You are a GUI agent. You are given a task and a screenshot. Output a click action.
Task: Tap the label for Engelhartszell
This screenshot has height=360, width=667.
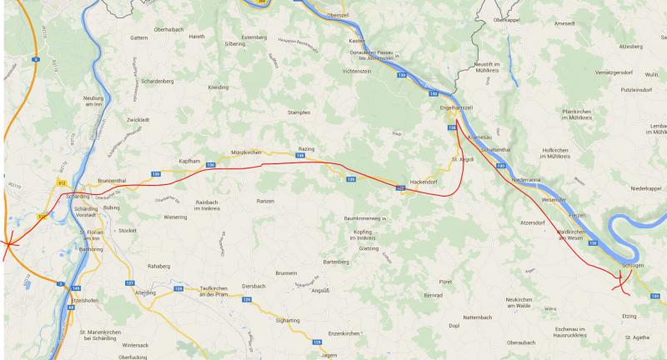[455, 108]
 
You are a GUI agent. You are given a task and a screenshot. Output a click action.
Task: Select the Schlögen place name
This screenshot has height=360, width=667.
[632, 265]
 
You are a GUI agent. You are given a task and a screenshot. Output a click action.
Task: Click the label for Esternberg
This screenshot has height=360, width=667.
[252, 37]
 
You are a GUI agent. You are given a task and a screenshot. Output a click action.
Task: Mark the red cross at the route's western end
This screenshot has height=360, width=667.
[8, 244]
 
